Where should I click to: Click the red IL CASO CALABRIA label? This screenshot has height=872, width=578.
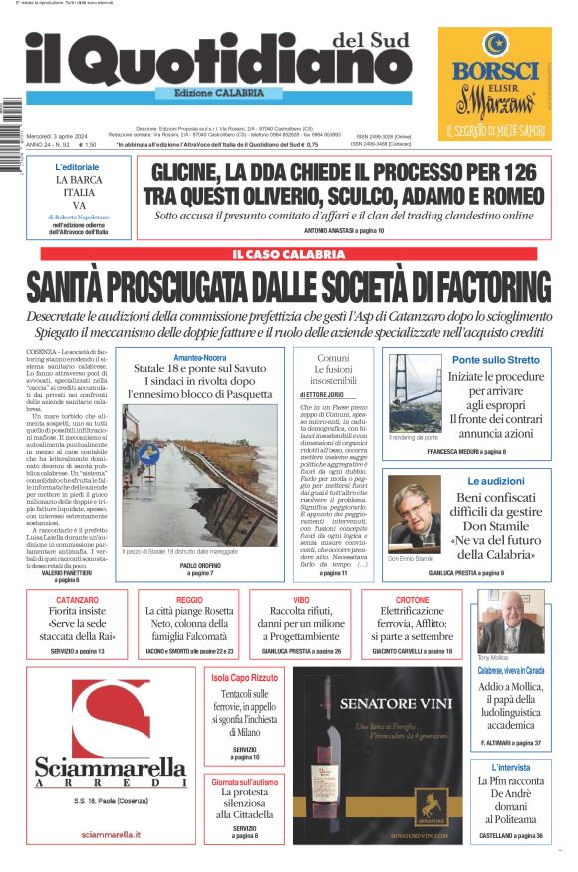288,255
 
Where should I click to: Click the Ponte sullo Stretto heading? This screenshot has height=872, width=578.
495,359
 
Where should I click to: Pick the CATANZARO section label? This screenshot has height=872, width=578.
77,601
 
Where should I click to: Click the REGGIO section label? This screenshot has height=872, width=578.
189,601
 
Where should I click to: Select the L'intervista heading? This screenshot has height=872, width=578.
510,767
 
